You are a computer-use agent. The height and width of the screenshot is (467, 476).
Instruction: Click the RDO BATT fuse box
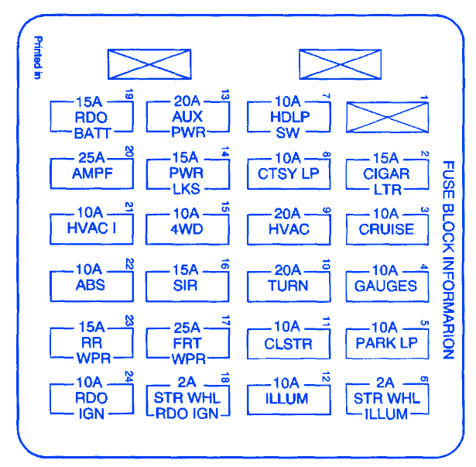pyautogui.click(x=91, y=117)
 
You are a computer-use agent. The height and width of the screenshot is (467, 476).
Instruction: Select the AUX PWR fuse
pyautogui.click(x=187, y=117)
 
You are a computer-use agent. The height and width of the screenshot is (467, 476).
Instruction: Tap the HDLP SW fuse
pyautogui.click(x=288, y=117)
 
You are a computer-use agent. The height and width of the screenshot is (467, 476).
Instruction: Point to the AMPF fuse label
pyautogui.click(x=91, y=173)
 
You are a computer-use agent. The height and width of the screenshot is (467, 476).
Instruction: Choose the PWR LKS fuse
pyautogui.click(x=187, y=173)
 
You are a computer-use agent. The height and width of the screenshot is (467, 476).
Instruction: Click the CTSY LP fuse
pyautogui.click(x=288, y=173)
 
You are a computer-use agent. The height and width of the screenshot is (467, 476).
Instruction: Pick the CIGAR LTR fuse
pyautogui.click(x=386, y=173)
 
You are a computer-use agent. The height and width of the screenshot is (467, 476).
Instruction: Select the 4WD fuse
pyautogui.click(x=187, y=229)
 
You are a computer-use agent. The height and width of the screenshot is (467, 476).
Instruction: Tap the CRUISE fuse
pyautogui.click(x=386, y=229)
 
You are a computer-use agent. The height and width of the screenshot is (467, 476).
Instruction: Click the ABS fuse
pyautogui.click(x=91, y=285)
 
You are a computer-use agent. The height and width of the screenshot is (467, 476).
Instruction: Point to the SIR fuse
pyautogui.click(x=187, y=285)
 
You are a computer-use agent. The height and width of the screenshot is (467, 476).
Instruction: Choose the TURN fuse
pyautogui.click(x=288, y=285)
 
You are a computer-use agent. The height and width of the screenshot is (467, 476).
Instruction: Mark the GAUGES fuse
pyautogui.click(x=386, y=285)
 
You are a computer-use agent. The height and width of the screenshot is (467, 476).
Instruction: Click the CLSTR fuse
pyautogui.click(x=288, y=342)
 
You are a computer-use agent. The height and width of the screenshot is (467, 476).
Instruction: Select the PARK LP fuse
pyautogui.click(x=386, y=342)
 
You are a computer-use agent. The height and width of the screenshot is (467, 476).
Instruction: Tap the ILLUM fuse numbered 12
pyautogui.click(x=288, y=399)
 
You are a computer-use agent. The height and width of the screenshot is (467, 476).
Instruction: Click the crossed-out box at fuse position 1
pyautogui.click(x=386, y=117)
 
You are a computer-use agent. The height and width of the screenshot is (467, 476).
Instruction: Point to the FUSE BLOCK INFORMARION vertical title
pyautogui.click(x=448, y=260)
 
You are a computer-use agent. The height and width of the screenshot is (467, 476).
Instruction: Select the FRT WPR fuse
pyautogui.click(x=187, y=342)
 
